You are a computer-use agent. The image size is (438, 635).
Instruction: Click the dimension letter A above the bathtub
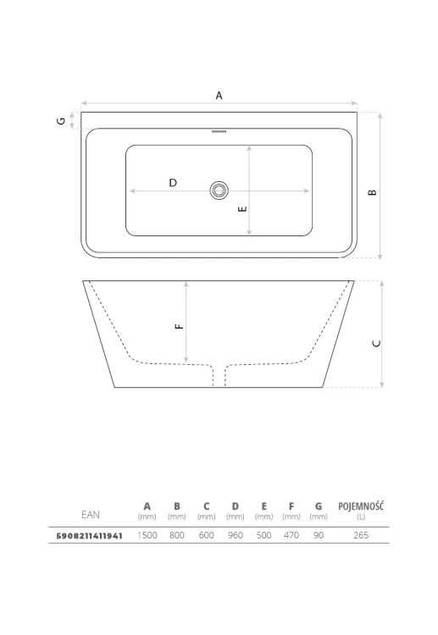219,96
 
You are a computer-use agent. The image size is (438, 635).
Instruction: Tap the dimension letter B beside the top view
373,192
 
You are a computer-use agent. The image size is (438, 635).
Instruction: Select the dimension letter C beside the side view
376,344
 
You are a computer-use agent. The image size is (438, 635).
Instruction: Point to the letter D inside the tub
173,183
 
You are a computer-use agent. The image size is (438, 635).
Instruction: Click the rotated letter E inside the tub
242,209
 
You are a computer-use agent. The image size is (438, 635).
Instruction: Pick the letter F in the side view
179,327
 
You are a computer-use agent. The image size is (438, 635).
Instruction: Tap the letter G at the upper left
61,121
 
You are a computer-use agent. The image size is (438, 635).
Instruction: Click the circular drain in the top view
219,190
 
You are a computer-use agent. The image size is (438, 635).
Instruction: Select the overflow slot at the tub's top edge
219,131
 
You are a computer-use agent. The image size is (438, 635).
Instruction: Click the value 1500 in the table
147,535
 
